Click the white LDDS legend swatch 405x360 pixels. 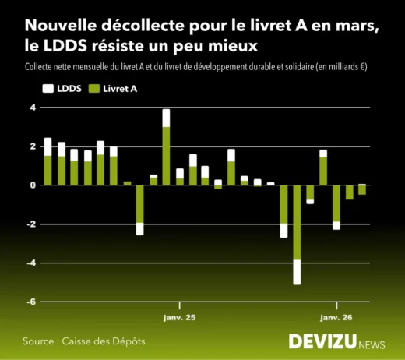coord(47,90)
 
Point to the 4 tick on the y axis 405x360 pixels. coord(33,108)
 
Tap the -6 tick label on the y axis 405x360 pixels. coord(31,302)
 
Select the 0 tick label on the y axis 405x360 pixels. coord(33,185)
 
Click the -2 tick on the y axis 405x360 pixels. coord(31,224)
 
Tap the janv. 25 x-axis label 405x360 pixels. coord(179,318)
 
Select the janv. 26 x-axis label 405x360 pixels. coord(336,318)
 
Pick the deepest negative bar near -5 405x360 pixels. coord(297,234)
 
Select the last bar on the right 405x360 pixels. coord(362,189)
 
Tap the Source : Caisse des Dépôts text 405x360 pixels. coord(84,341)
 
